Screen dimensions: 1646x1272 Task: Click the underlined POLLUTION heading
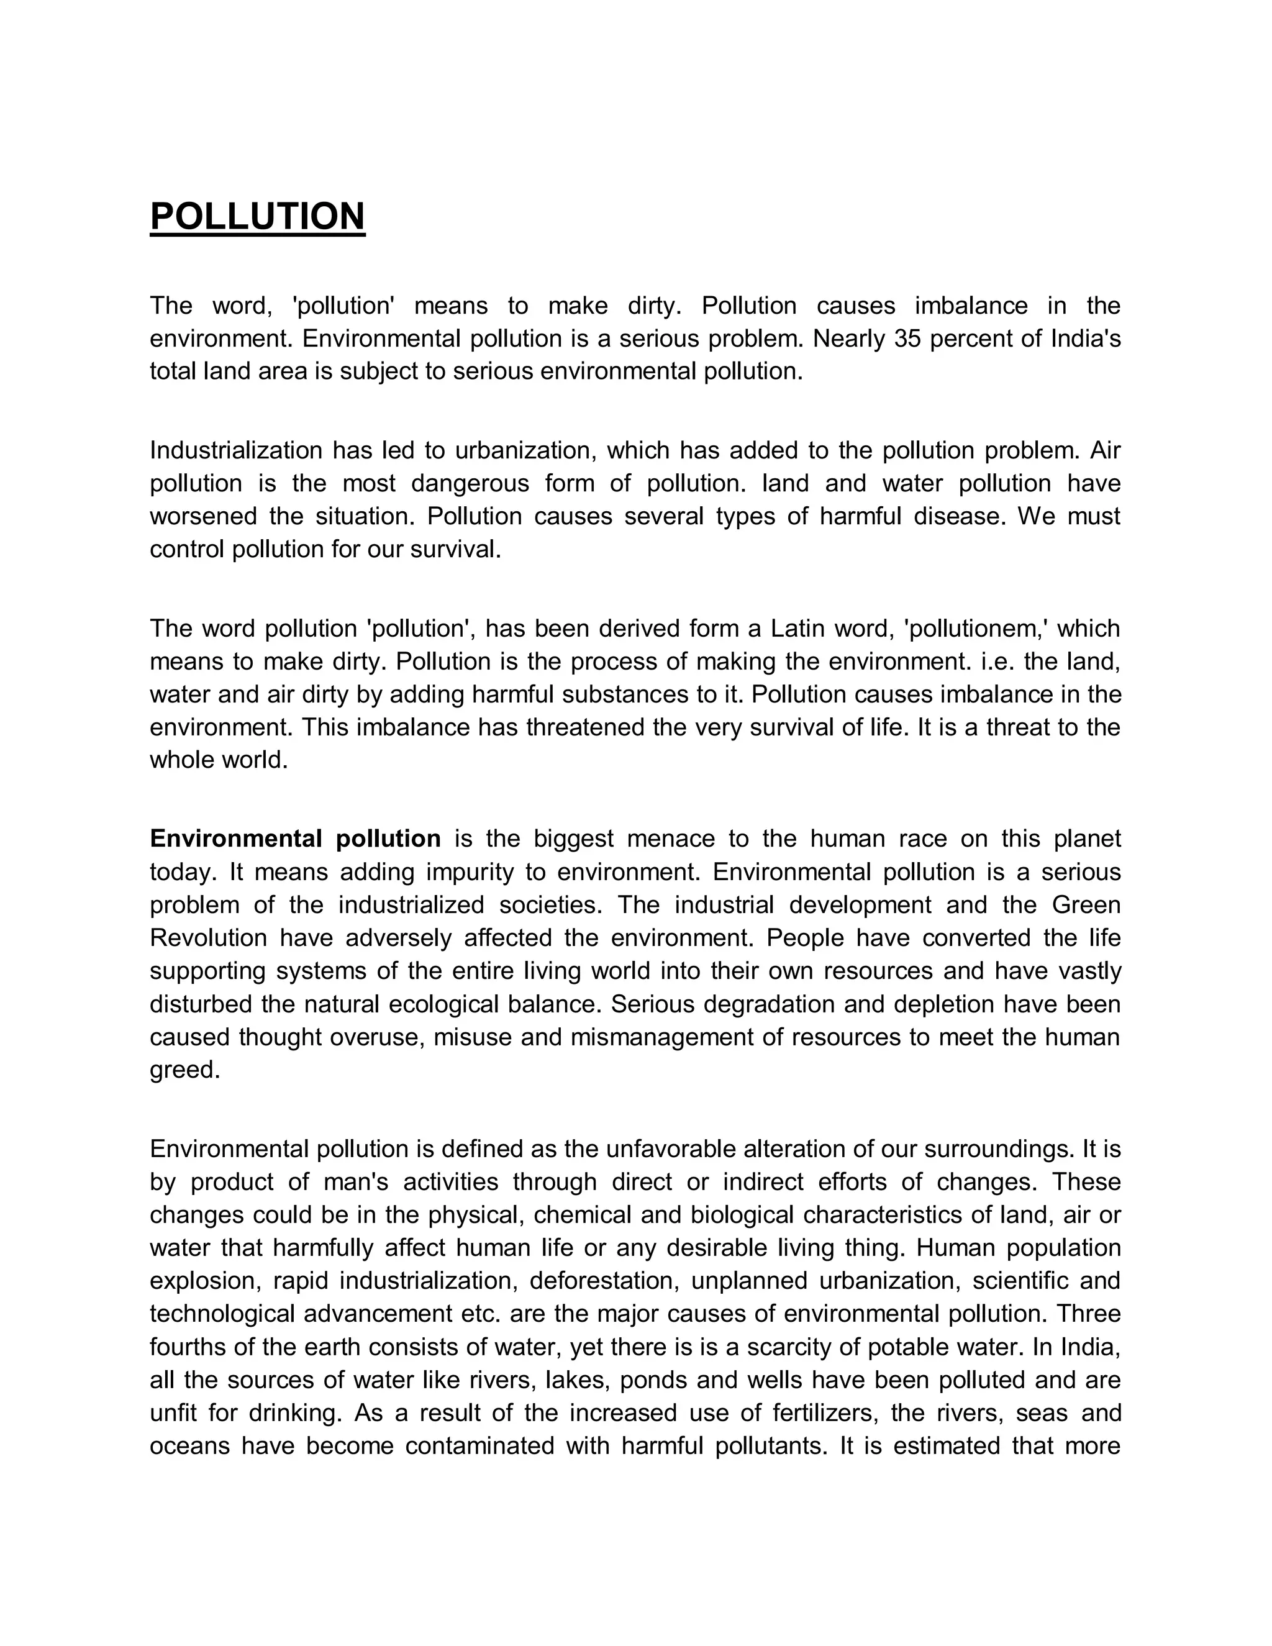click(257, 216)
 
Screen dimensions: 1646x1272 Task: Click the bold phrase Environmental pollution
click(296, 839)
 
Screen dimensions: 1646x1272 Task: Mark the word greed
click(184, 1070)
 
